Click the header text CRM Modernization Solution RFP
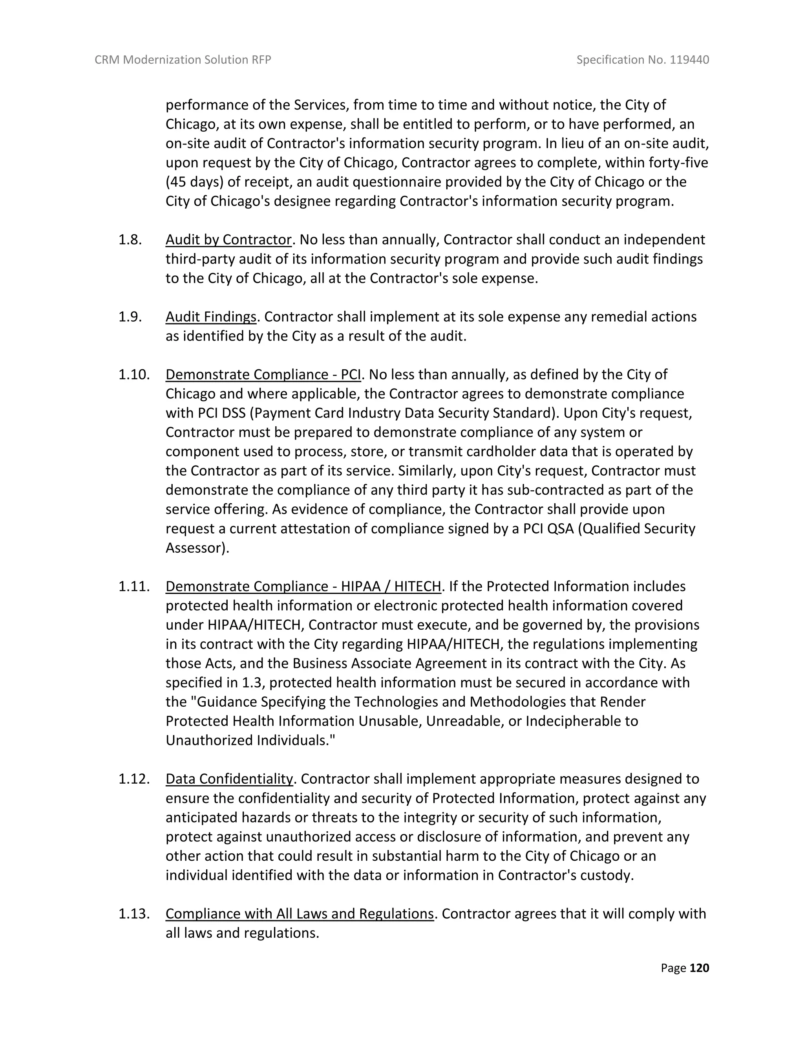183,60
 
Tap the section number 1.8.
130,239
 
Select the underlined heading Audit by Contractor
228,239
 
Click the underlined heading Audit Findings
211,317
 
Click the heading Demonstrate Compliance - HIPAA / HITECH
303,586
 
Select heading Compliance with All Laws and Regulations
300,913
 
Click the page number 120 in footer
699,968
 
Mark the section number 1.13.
134,913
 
